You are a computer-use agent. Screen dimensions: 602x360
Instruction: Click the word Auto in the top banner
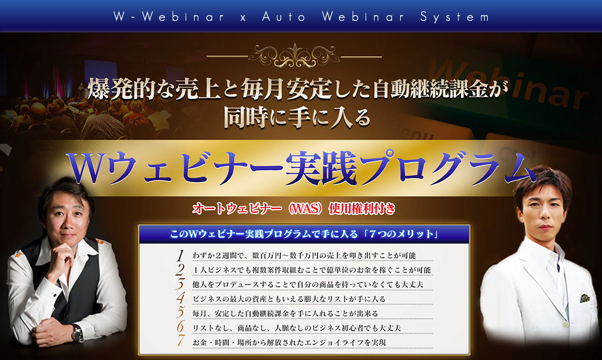(284, 17)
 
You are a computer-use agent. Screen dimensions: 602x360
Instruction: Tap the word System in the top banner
(455, 17)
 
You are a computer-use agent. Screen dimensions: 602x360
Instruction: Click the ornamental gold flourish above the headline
(294, 56)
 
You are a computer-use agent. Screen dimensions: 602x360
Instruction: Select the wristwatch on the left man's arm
(78, 333)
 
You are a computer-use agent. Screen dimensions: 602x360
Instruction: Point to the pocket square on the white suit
(584, 298)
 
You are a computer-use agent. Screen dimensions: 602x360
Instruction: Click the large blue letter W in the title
(87, 167)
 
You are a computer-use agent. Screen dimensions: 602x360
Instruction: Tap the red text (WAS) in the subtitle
(305, 209)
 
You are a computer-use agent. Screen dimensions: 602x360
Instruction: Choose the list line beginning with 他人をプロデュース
(308, 284)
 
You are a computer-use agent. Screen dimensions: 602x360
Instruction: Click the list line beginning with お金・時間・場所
(288, 342)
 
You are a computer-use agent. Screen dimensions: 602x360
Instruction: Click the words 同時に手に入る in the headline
(297, 117)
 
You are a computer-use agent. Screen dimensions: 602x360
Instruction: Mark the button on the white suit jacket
(565, 325)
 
